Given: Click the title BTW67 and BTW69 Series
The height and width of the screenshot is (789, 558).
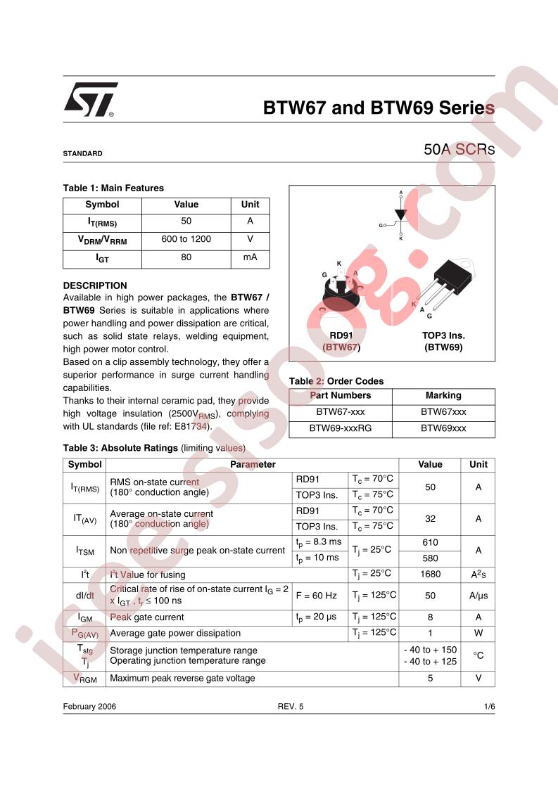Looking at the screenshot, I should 379,108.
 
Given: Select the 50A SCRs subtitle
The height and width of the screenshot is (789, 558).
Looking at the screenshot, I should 459,150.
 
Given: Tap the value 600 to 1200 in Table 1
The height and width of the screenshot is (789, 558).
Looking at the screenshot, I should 186,239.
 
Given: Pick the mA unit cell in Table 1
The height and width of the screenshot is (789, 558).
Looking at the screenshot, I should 250,257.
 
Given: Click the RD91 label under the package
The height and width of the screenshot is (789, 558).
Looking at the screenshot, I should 341,335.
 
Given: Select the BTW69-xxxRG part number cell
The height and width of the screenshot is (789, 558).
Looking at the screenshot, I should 341,428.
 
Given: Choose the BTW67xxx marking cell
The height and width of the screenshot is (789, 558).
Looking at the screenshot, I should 443,412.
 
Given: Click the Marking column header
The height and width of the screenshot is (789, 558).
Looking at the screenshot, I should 443,395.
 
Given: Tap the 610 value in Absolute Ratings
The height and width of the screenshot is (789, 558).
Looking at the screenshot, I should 430,542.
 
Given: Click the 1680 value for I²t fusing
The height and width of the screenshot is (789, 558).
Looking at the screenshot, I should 430,574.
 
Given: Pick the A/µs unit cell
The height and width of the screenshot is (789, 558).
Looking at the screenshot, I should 478,596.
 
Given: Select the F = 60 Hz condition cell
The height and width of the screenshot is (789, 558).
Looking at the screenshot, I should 317,596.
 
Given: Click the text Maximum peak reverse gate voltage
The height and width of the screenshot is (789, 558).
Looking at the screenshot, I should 183,679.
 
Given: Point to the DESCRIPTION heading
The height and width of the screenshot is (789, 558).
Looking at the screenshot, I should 95,286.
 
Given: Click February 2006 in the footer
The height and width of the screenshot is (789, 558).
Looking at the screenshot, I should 89,707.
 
